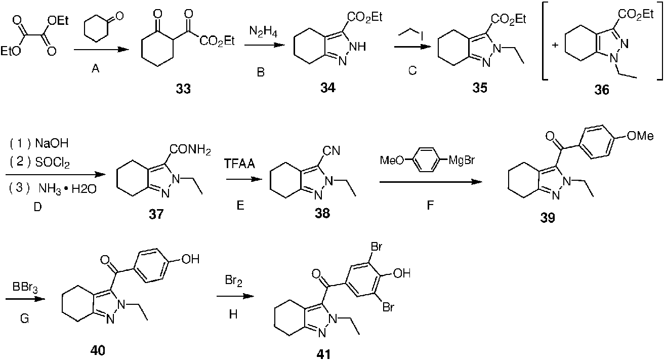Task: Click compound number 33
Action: (183, 89)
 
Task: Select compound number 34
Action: (328, 88)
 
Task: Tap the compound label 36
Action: (602, 90)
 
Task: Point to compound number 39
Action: (548, 218)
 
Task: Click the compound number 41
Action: (323, 354)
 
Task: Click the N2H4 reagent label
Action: (263, 32)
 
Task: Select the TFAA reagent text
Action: (239, 164)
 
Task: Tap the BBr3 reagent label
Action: (25, 288)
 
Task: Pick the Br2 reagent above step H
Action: (234, 281)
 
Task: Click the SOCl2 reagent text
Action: (52, 163)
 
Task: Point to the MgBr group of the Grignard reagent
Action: (462, 161)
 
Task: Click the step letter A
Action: (96, 69)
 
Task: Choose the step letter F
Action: (430, 205)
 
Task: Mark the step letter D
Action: (37, 207)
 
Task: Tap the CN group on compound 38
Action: (331, 151)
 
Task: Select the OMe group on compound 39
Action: (640, 136)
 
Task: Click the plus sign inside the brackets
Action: (555, 46)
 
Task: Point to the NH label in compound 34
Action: (358, 47)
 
